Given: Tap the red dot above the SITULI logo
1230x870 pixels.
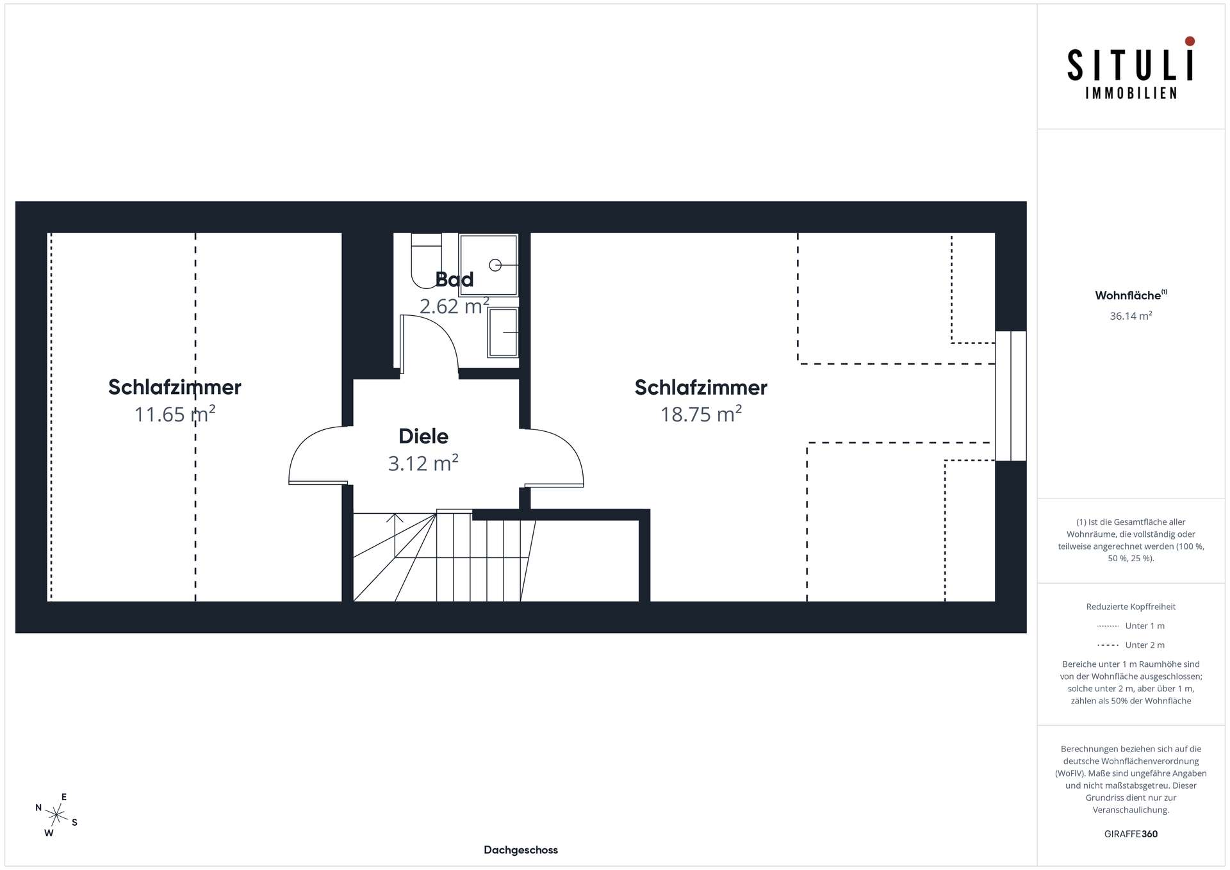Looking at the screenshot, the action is tap(1190, 41).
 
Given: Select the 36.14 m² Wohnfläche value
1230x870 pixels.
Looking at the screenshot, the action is tap(1131, 316).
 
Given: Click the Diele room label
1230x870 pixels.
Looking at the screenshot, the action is tap(423, 436).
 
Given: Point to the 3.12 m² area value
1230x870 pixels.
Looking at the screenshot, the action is tap(423, 463).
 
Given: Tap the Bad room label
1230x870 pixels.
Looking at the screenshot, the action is tap(454, 279).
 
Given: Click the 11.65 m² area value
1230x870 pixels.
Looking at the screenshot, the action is tap(175, 414).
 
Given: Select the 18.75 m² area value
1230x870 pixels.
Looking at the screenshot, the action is tap(701, 414).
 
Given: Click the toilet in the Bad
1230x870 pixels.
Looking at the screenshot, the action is tap(426, 261).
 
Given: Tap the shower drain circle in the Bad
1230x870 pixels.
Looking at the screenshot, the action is tap(495, 265).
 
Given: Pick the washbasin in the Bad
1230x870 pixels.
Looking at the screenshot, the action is tap(504, 332).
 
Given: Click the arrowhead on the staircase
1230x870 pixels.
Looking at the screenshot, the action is tap(395, 518).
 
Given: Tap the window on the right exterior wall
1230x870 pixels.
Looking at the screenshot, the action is tap(1011, 396).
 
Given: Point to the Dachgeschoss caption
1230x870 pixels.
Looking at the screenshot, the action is tap(521, 850).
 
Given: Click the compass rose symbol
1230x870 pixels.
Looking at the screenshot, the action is tap(57, 815).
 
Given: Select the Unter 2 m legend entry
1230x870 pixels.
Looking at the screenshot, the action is tap(1131, 645).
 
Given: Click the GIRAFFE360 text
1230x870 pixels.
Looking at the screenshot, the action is tap(1131, 834).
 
